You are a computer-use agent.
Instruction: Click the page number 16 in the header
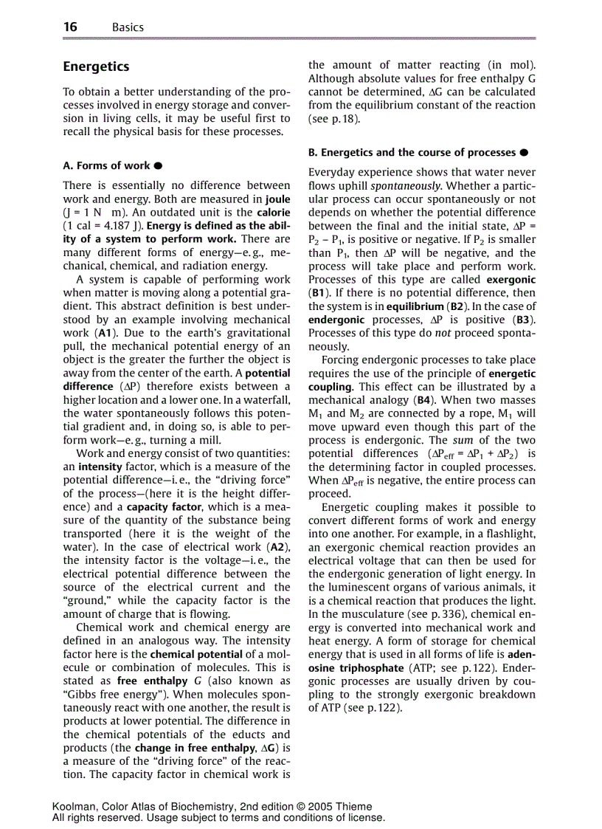coord(70,27)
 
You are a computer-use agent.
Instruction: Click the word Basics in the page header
coord(128,27)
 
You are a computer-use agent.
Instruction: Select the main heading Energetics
coord(96,66)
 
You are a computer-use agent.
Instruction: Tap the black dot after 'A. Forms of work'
coord(158,166)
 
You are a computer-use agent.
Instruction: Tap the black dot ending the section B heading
coord(523,153)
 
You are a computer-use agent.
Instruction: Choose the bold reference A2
coord(277,547)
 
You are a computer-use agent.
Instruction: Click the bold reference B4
coord(425,400)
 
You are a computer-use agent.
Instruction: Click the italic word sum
coord(453,441)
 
